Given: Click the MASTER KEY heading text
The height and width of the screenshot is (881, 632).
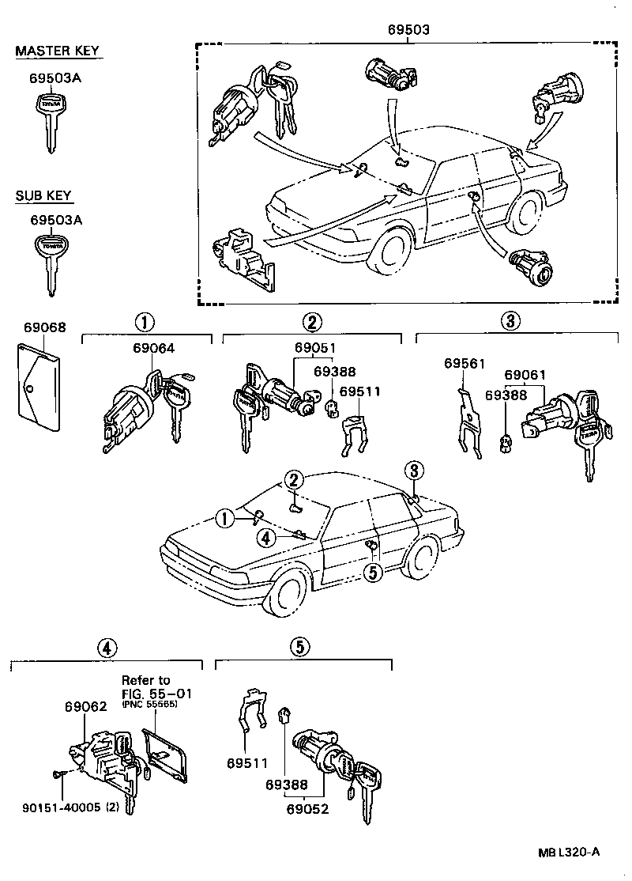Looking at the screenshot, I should click(58, 51).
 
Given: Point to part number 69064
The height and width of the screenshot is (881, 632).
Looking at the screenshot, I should click(152, 348).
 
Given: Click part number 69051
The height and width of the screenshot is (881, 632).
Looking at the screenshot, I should click(314, 348).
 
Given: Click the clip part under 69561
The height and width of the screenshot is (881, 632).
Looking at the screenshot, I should click(471, 423).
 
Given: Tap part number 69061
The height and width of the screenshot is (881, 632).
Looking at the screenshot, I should click(525, 375).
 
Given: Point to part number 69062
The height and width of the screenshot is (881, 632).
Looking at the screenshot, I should click(85, 708).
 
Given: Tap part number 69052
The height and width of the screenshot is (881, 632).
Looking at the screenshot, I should click(307, 809).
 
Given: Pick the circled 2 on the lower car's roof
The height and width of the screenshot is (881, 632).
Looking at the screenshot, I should click(294, 479).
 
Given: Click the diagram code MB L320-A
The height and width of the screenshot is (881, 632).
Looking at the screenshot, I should click(569, 851).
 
